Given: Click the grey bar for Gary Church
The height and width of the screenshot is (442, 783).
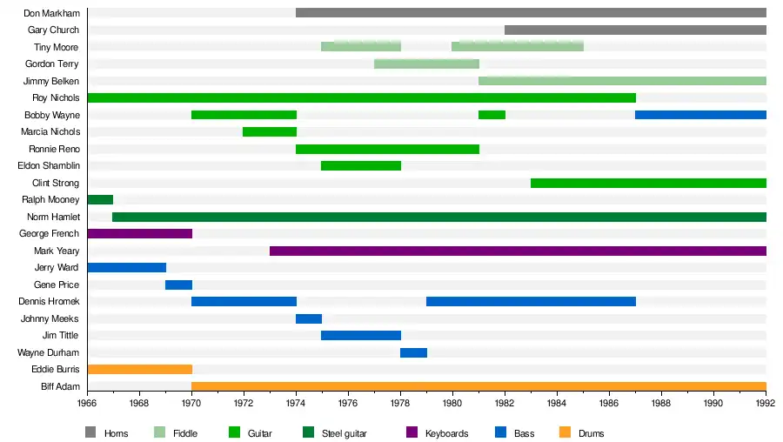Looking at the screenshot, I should pyautogui.click(x=635, y=30).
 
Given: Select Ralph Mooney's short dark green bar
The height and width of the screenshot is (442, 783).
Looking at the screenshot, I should pyautogui.click(x=100, y=200).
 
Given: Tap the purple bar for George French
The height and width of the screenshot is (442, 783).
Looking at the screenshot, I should pyautogui.click(x=139, y=234).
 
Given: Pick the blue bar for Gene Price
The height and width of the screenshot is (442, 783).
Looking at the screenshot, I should pyautogui.click(x=178, y=285).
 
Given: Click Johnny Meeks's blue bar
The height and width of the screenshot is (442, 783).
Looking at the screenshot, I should pyautogui.click(x=309, y=318).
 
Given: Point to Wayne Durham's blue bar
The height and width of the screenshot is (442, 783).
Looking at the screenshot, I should pyautogui.click(x=413, y=352).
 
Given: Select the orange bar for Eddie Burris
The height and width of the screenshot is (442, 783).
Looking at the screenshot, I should pyautogui.click(x=139, y=370).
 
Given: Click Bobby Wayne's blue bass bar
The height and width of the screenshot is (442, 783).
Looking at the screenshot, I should pyautogui.click(x=700, y=115).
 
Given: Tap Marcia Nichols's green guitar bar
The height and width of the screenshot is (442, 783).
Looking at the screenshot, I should pyautogui.click(x=270, y=132).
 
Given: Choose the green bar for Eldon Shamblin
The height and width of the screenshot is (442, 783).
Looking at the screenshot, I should pyautogui.click(x=361, y=166).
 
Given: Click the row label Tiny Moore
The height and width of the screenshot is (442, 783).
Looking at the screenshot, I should pyautogui.click(x=56, y=47).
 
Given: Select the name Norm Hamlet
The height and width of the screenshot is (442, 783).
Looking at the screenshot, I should pyautogui.click(x=53, y=217).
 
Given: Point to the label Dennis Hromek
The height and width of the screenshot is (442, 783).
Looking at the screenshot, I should pyautogui.click(x=49, y=301).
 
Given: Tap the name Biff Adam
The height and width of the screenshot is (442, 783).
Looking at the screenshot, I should pyautogui.click(x=59, y=386).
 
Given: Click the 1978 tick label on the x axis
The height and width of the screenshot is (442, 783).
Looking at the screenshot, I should pyautogui.click(x=400, y=405).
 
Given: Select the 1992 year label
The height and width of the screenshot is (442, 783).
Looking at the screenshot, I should pyautogui.click(x=766, y=405).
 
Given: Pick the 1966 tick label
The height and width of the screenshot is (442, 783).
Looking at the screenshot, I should pyautogui.click(x=87, y=405).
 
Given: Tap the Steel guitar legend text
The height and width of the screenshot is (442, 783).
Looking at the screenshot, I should pyautogui.click(x=345, y=433).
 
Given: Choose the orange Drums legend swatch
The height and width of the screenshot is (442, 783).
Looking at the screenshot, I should pyautogui.click(x=565, y=432).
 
